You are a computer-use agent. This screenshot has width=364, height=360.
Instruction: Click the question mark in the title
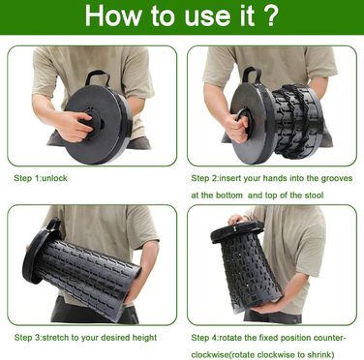[x=270, y=15]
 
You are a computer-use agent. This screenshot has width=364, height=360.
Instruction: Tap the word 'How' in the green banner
[x=112, y=15]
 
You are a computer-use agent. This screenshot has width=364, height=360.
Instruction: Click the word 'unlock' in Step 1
[x=54, y=178]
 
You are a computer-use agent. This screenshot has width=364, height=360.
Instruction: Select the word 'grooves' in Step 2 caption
[x=337, y=179]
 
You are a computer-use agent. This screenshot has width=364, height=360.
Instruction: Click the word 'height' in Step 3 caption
[x=144, y=338]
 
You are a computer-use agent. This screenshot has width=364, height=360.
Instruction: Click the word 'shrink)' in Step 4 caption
[x=321, y=354]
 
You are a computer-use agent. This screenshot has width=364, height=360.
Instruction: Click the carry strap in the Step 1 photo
[x=98, y=78]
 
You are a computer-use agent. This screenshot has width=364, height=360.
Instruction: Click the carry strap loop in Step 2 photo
[x=252, y=75]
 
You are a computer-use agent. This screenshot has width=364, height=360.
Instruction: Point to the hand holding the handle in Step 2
[x=237, y=126]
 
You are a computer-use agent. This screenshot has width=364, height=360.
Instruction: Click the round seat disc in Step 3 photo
[x=38, y=252]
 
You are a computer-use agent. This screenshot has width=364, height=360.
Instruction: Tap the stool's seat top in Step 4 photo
[x=237, y=230]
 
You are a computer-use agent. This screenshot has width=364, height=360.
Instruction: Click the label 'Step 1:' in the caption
[x=27, y=178]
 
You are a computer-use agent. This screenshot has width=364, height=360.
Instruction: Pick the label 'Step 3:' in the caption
[x=28, y=338]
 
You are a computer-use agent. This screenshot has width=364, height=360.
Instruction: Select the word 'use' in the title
[x=202, y=17]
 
